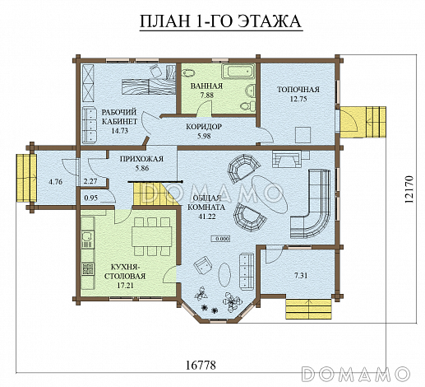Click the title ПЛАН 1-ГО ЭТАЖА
[x=221, y=21]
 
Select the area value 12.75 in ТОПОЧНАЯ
[x=298, y=99]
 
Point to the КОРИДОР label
[x=204, y=127]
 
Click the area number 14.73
[x=120, y=131]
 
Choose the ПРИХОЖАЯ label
[x=141, y=159]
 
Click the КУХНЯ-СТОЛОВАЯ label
[x=125, y=272]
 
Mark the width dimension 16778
[x=201, y=366]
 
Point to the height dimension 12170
[x=409, y=189]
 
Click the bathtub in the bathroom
[x=238, y=71]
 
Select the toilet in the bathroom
[x=247, y=106]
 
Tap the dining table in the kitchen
[x=152, y=236]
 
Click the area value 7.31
[x=301, y=275]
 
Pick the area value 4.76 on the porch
[x=55, y=182]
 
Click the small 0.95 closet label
[x=91, y=198]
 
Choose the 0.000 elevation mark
[x=221, y=239]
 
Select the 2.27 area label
[x=90, y=181]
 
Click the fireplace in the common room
[x=286, y=159]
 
